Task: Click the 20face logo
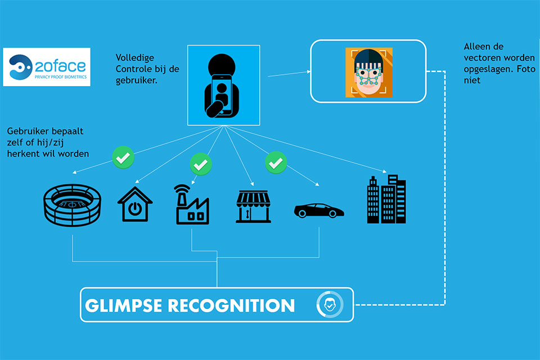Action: (x=47, y=67)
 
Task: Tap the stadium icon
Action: (x=73, y=205)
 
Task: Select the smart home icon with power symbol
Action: (x=135, y=204)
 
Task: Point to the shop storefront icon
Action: (x=253, y=206)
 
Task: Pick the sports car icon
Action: (x=319, y=210)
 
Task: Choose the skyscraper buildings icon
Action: (x=386, y=199)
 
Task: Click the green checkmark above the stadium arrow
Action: (x=123, y=157)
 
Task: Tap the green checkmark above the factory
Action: (x=201, y=164)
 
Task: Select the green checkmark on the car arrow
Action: (x=276, y=162)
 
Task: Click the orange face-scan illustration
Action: (x=369, y=73)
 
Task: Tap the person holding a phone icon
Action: (x=222, y=85)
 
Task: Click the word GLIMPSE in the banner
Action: (x=123, y=305)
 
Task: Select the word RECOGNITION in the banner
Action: (x=231, y=305)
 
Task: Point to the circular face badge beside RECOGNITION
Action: (x=330, y=305)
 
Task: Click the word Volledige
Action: (x=134, y=58)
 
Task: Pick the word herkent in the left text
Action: (x=22, y=154)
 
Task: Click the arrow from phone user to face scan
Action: (x=289, y=74)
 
